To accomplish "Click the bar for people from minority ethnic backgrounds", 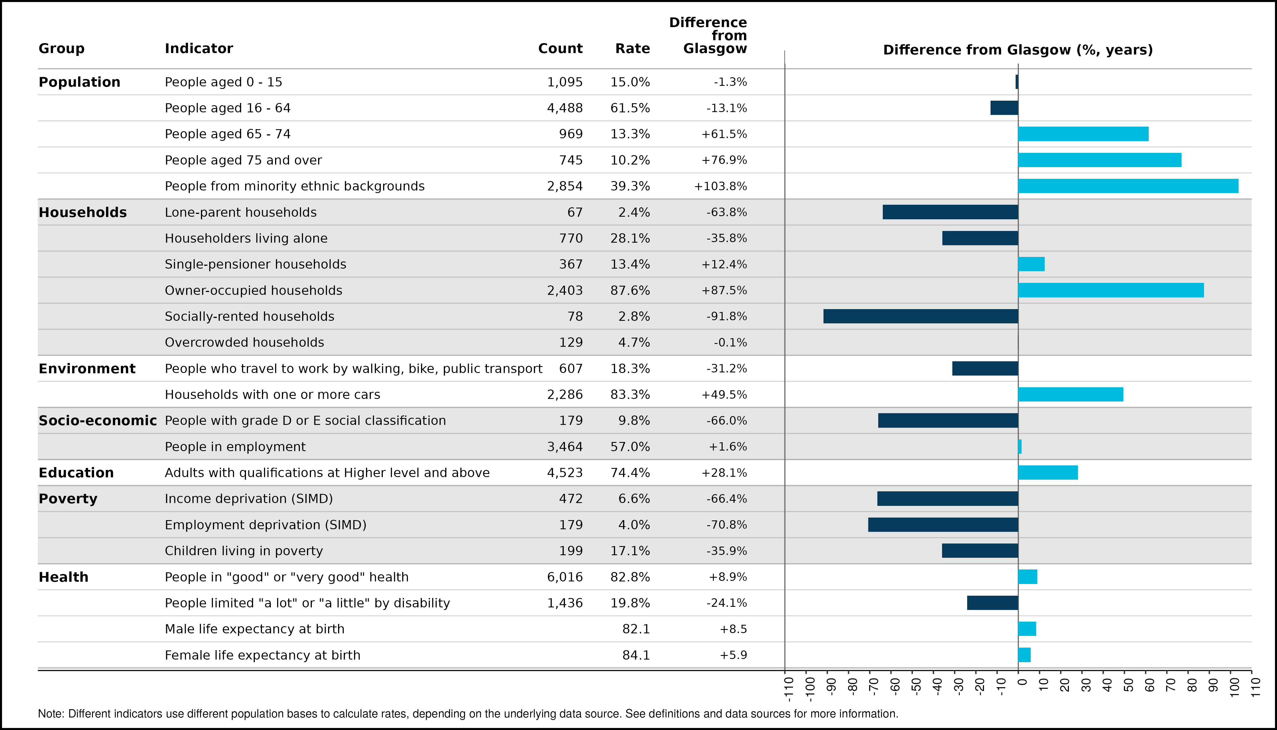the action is [x=1128, y=186].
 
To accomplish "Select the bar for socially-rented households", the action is [x=921, y=316].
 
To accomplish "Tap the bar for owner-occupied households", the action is [x=1111, y=290].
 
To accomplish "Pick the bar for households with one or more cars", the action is [x=1071, y=395].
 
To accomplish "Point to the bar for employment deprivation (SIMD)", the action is [x=943, y=525].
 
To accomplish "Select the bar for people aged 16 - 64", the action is [x=1004, y=108].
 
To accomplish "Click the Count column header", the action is [x=560, y=49].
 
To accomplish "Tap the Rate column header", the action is [x=633, y=49].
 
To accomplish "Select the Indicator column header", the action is [x=199, y=49].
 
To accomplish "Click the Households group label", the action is [x=83, y=212].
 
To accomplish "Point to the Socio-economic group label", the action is [x=98, y=421].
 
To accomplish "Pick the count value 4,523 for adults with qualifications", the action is [x=565, y=473].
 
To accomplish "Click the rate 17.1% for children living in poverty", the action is [x=630, y=551].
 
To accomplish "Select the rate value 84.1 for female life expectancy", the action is [x=636, y=655].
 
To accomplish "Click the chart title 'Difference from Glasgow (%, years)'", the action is [x=1018, y=50].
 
